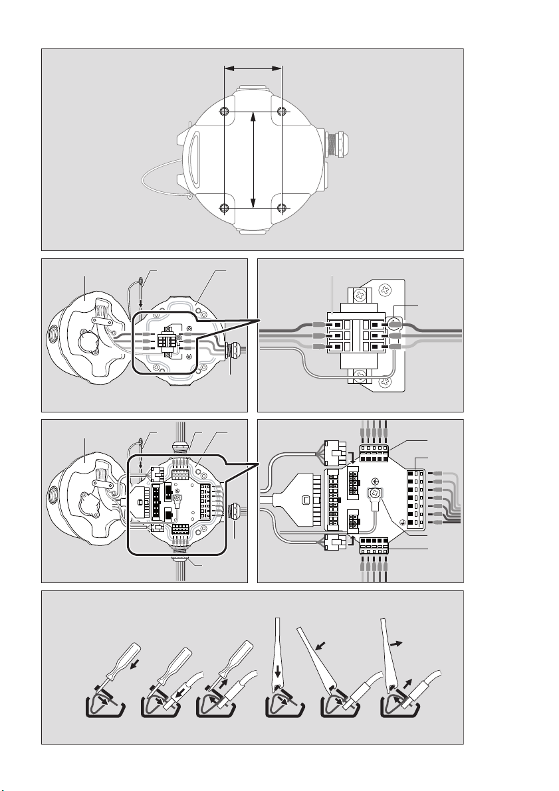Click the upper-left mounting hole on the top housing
point(225,110)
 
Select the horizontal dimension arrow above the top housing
point(253,67)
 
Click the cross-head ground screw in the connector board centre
point(376,494)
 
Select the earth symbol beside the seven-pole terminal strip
point(402,523)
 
